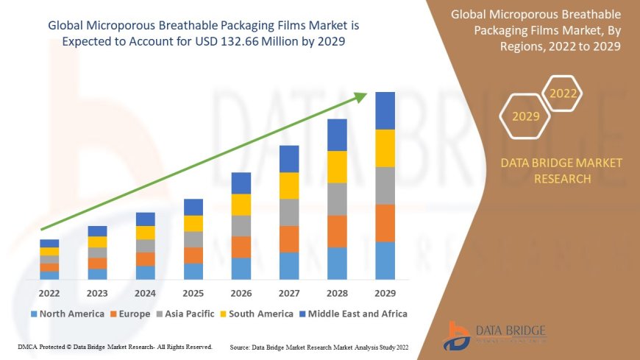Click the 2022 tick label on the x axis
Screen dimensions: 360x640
(49, 292)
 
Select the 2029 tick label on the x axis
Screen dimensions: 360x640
(385, 292)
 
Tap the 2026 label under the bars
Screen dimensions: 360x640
(241, 292)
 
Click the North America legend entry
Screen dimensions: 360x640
(67, 314)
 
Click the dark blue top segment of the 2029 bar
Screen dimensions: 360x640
(385, 110)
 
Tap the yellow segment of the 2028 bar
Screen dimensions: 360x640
(337, 166)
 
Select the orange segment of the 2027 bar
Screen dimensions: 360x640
(289, 239)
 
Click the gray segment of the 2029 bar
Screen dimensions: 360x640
(385, 186)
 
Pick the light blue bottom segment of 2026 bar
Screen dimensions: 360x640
(241, 268)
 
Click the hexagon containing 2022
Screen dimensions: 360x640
(563, 93)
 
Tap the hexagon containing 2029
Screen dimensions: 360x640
(525, 116)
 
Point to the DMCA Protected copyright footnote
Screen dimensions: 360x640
(114, 346)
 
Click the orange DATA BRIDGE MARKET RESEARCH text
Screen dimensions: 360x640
(561, 170)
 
